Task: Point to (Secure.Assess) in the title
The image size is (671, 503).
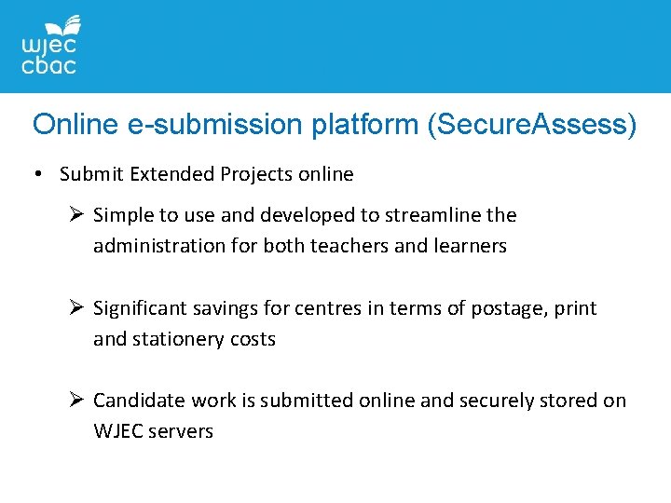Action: click(531, 125)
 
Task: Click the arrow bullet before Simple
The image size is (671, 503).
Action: click(77, 215)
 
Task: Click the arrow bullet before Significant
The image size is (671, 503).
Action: click(77, 308)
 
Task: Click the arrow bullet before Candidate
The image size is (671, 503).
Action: click(77, 401)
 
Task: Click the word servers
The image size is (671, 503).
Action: click(181, 431)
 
